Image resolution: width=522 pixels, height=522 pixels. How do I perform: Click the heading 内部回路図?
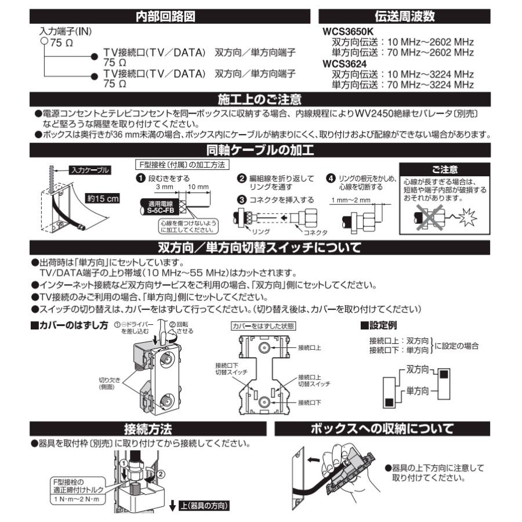[x=161, y=17]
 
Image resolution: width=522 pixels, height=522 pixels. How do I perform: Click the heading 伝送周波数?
[x=405, y=17]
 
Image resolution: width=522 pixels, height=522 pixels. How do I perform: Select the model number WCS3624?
[x=345, y=63]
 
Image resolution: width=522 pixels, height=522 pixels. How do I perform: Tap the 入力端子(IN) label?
[x=64, y=31]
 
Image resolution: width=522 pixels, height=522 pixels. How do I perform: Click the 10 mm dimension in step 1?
[x=199, y=188]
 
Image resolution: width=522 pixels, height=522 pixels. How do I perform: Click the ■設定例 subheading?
[x=380, y=325]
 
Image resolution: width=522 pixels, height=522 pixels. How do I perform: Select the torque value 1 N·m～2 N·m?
[x=76, y=499]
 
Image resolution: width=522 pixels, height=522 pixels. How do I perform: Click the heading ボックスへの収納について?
[x=382, y=429]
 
